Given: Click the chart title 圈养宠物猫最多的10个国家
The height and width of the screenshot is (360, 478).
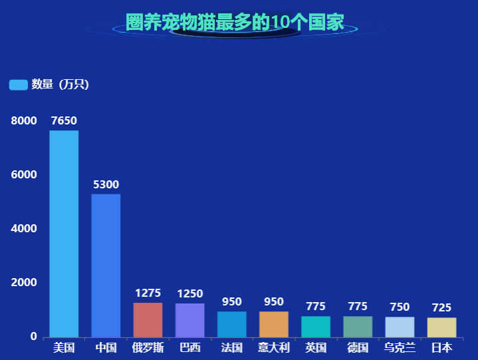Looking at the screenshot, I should pyautogui.click(x=235, y=22).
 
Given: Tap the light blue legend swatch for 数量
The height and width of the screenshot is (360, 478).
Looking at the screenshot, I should pyautogui.click(x=18, y=85).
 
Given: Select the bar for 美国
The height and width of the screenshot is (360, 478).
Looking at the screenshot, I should pyautogui.click(x=64, y=234).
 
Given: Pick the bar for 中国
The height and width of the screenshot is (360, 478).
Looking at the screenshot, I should pyautogui.click(x=106, y=266).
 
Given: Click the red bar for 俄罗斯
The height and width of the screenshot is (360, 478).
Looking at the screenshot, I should pyautogui.click(x=148, y=320).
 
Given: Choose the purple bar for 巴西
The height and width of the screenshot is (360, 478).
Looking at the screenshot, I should pyautogui.click(x=189, y=321).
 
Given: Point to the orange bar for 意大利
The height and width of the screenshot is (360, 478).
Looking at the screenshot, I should pyautogui.click(x=274, y=325).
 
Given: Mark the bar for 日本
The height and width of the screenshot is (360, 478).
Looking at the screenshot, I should pyautogui.click(x=441, y=327).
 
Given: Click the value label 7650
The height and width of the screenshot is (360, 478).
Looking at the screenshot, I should pyautogui.click(x=64, y=120).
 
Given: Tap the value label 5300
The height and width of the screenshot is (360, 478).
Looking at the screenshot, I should pyautogui.click(x=106, y=184).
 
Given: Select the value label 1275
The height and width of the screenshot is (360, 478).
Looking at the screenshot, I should pyautogui.click(x=148, y=293).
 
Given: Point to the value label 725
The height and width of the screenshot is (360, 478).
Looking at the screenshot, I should pyautogui.click(x=441, y=307).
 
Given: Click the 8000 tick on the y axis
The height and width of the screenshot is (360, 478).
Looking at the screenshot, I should pyautogui.click(x=24, y=121).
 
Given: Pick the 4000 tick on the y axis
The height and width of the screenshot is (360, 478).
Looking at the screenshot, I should pyautogui.click(x=24, y=229).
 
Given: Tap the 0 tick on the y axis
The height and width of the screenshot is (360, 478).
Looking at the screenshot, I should pyautogui.click(x=33, y=337).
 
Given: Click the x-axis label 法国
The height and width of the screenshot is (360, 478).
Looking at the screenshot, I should pyautogui.click(x=231, y=347).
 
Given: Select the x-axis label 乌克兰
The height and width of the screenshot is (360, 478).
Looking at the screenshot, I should pyautogui.click(x=400, y=347).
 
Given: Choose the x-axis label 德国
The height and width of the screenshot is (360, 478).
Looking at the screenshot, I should pyautogui.click(x=358, y=347).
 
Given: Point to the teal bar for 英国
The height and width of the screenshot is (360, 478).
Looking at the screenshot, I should pyautogui.click(x=316, y=327).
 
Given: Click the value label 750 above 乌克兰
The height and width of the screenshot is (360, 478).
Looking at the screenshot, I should pyautogui.click(x=400, y=307).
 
